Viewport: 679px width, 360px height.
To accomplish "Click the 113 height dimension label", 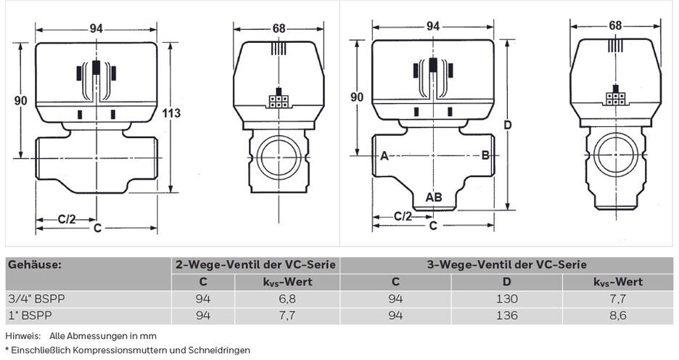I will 171,113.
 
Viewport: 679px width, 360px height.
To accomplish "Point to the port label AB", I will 434,197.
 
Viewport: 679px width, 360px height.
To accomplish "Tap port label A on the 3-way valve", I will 384,155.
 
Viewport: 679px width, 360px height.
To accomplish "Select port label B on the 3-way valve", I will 485,155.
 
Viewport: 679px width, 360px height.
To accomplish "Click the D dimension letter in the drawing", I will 508,125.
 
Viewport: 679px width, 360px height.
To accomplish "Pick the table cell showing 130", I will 507,299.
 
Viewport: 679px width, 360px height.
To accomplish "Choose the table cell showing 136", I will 507,316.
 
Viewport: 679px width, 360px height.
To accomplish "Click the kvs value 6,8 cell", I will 287,299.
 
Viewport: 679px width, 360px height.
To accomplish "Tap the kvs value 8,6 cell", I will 617,316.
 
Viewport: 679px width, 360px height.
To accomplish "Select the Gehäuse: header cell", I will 34,265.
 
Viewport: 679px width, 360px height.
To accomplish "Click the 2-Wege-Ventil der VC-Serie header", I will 255,265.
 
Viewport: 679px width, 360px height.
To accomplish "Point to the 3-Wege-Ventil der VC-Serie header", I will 506,265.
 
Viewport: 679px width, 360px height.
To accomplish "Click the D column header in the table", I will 507,282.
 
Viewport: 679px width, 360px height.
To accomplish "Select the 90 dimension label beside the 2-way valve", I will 21,100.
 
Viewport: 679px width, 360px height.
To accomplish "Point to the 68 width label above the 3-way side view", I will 615,25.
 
